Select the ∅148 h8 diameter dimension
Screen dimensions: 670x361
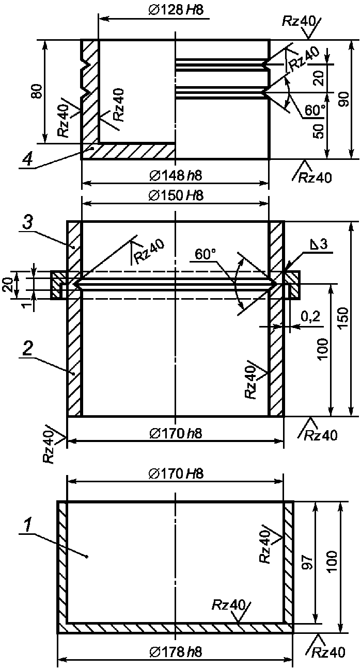pos(176,175)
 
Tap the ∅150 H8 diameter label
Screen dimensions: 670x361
pos(176,195)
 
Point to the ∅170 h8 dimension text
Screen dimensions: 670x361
pos(176,434)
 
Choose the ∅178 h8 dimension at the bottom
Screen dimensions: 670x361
pos(176,651)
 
